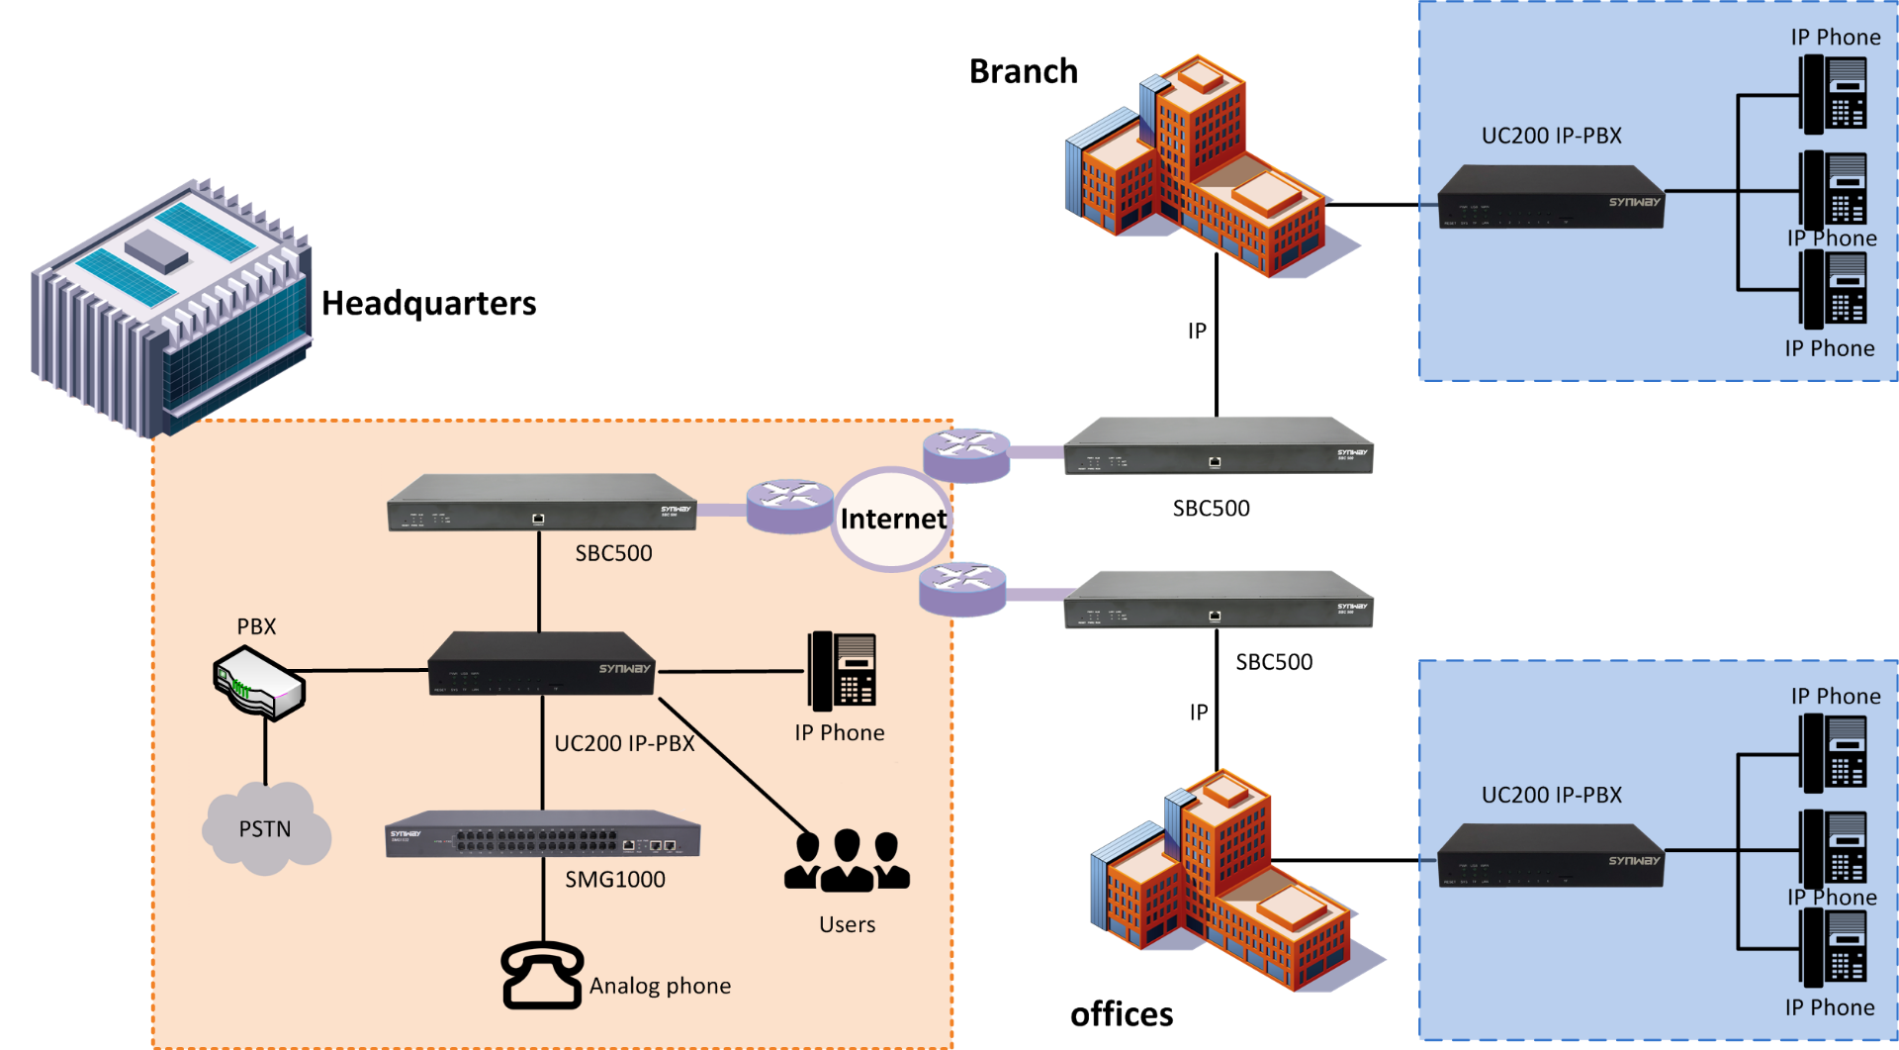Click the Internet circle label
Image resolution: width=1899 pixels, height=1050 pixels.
click(892, 519)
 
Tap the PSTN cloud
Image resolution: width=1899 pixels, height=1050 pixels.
click(265, 829)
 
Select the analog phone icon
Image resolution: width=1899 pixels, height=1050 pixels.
click(542, 975)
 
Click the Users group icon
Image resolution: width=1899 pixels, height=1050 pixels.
click(847, 861)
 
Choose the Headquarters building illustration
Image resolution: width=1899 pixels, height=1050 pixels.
click(171, 307)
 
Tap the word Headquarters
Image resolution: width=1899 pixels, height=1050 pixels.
click(428, 303)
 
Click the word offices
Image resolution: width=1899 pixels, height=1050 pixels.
click(1122, 1014)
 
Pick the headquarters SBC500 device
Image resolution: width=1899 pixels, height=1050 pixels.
click(541, 503)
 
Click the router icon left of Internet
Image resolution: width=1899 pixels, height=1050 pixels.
click(788, 506)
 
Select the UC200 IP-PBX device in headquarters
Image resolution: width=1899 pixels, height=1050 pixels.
click(542, 663)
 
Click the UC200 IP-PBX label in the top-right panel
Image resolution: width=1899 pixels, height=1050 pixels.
click(1551, 136)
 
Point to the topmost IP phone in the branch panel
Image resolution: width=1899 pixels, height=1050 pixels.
click(1833, 94)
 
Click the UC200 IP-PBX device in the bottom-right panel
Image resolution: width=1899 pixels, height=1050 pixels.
click(1550, 855)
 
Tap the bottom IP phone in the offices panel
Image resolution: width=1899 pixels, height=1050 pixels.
click(1833, 947)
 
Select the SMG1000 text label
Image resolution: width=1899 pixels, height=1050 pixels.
click(614, 879)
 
